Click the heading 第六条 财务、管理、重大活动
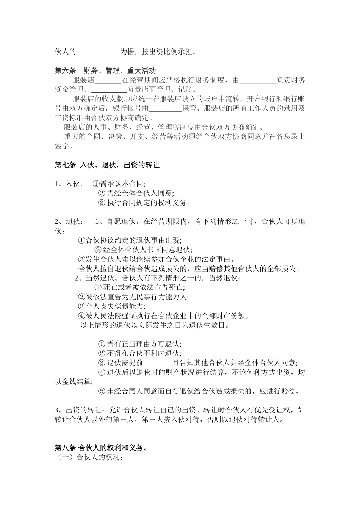(105, 71)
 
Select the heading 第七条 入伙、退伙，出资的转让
(107, 165)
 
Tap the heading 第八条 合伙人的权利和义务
(101, 448)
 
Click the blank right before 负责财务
(258, 81)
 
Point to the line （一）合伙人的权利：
(90, 457)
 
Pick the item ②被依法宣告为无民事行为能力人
(133, 297)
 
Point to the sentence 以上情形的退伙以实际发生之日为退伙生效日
(155, 325)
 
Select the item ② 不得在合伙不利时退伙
(139, 354)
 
